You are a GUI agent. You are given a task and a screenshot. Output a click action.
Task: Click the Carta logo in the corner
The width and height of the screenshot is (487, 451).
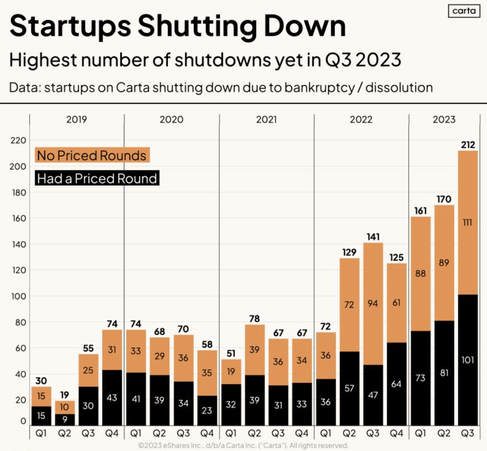(x=464, y=11)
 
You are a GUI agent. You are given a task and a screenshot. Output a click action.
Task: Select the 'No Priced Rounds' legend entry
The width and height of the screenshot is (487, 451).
(x=92, y=156)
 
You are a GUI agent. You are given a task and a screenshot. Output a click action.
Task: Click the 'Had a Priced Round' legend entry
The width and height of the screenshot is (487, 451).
(x=97, y=179)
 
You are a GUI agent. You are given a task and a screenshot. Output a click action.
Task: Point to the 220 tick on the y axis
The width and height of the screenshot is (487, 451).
(x=18, y=141)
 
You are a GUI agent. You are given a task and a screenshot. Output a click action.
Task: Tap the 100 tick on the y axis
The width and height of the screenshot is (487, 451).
(x=18, y=296)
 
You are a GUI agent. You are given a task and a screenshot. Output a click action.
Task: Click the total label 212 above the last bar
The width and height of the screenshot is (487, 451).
(x=468, y=145)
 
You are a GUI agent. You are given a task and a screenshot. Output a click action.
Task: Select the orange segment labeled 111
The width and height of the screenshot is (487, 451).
(x=468, y=222)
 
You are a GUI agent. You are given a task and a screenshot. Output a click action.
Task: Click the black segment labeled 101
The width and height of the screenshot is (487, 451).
(x=468, y=360)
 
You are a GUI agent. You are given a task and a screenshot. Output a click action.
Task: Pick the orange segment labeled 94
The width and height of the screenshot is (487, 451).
(x=373, y=303)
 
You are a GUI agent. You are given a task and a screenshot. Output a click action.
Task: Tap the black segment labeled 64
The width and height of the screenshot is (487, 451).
(x=397, y=384)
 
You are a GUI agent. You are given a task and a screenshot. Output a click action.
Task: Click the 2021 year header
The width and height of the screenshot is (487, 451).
(x=266, y=119)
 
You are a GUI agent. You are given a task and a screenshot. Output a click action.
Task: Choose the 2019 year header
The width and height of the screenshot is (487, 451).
(x=77, y=119)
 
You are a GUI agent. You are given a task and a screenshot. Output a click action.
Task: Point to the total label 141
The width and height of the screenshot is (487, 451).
(x=373, y=237)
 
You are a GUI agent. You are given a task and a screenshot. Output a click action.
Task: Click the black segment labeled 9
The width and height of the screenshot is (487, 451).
(x=65, y=420)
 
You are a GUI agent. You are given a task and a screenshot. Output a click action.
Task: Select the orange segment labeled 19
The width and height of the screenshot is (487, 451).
(x=231, y=372)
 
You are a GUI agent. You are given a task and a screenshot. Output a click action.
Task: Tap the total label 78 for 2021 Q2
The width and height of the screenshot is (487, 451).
(x=254, y=319)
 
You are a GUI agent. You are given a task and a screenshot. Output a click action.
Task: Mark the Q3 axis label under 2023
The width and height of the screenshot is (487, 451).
(x=468, y=433)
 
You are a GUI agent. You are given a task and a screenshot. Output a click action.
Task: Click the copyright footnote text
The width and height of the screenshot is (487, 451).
(x=243, y=445)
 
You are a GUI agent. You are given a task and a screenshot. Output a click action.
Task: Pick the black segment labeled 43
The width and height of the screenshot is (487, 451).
(x=112, y=397)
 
